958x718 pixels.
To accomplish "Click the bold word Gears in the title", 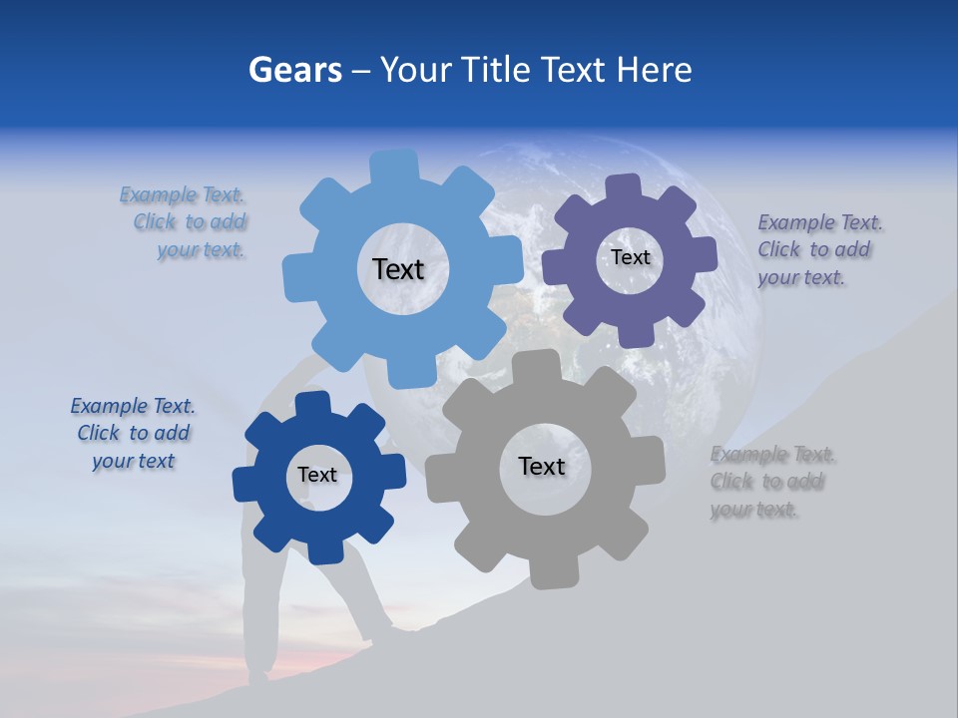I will click(x=294, y=70).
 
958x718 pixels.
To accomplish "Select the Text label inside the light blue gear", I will click(x=398, y=269).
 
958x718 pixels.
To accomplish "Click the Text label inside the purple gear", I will click(x=630, y=257).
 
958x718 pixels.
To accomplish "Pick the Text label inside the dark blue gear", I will click(x=317, y=475).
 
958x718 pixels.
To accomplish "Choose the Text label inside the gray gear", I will click(x=542, y=466).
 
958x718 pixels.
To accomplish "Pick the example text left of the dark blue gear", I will click(x=134, y=433).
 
